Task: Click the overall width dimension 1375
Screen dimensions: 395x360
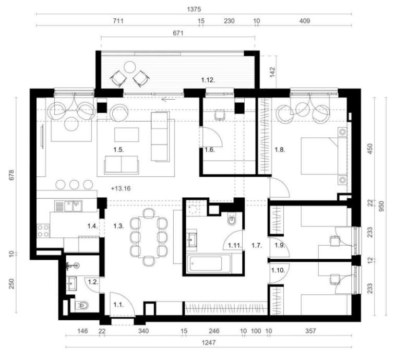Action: coord(194,9)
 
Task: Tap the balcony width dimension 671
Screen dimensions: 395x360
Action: coord(178,33)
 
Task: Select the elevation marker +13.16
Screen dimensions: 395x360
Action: coord(121,188)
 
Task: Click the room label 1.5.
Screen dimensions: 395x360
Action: coord(118,150)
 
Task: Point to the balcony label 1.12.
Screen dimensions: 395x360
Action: coord(208,80)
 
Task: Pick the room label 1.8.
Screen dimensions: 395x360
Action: coord(280,150)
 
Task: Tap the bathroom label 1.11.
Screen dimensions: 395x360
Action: coord(235,245)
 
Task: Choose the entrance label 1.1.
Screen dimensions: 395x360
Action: coord(118,305)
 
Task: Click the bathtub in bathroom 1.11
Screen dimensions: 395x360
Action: coord(209,263)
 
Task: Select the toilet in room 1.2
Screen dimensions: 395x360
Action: coord(82,305)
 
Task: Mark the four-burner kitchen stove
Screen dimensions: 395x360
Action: coord(43,231)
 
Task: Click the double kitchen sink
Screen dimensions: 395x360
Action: coord(68,206)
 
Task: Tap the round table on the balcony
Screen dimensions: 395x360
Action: coord(130,67)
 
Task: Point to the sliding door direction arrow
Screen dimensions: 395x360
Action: coord(168,100)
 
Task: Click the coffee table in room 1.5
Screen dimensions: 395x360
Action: coord(127,135)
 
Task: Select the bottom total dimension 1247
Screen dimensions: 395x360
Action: coord(209,343)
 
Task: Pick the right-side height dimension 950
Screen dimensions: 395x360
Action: coord(381,206)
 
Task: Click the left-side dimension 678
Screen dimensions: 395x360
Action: coord(12,175)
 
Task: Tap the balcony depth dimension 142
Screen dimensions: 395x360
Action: coord(272,73)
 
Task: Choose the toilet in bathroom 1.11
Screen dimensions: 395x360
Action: coord(231,220)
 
